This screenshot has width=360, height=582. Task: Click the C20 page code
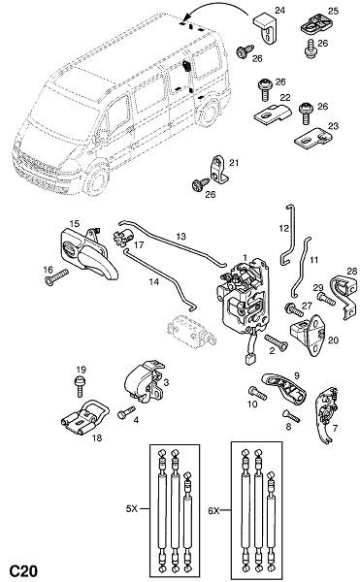(x=23, y=569)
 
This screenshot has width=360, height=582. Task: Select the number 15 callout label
(x=74, y=223)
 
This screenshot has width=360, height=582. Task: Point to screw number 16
(x=56, y=277)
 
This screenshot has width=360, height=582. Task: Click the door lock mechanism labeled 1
(x=244, y=297)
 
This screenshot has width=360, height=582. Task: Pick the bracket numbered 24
(x=265, y=28)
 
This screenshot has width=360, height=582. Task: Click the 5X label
(x=132, y=508)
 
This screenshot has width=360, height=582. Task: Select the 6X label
(x=213, y=511)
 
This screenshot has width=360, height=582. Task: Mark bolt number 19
(x=80, y=386)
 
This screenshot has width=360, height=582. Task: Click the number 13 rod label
(x=180, y=237)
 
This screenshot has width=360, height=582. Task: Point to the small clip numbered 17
(x=123, y=237)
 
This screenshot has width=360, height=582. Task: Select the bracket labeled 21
(x=219, y=170)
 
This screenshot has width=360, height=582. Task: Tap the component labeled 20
(x=309, y=335)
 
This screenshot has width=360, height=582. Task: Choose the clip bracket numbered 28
(x=344, y=297)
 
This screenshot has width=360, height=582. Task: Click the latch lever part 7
(x=327, y=414)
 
